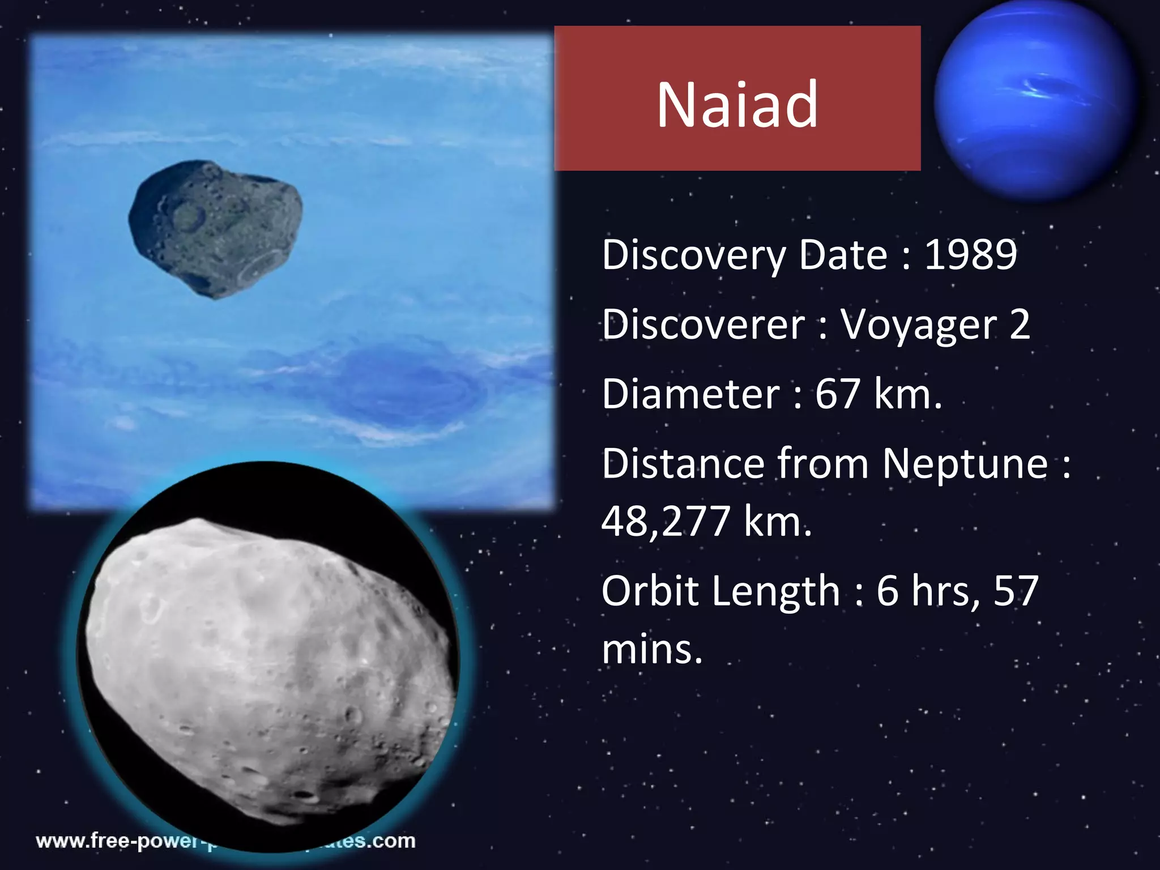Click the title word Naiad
point(737,105)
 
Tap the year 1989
point(970,254)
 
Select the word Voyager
point(918,325)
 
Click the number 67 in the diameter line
point(837,394)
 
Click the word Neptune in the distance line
point(965,464)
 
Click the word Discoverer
point(703,325)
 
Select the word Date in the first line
point(843,254)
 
